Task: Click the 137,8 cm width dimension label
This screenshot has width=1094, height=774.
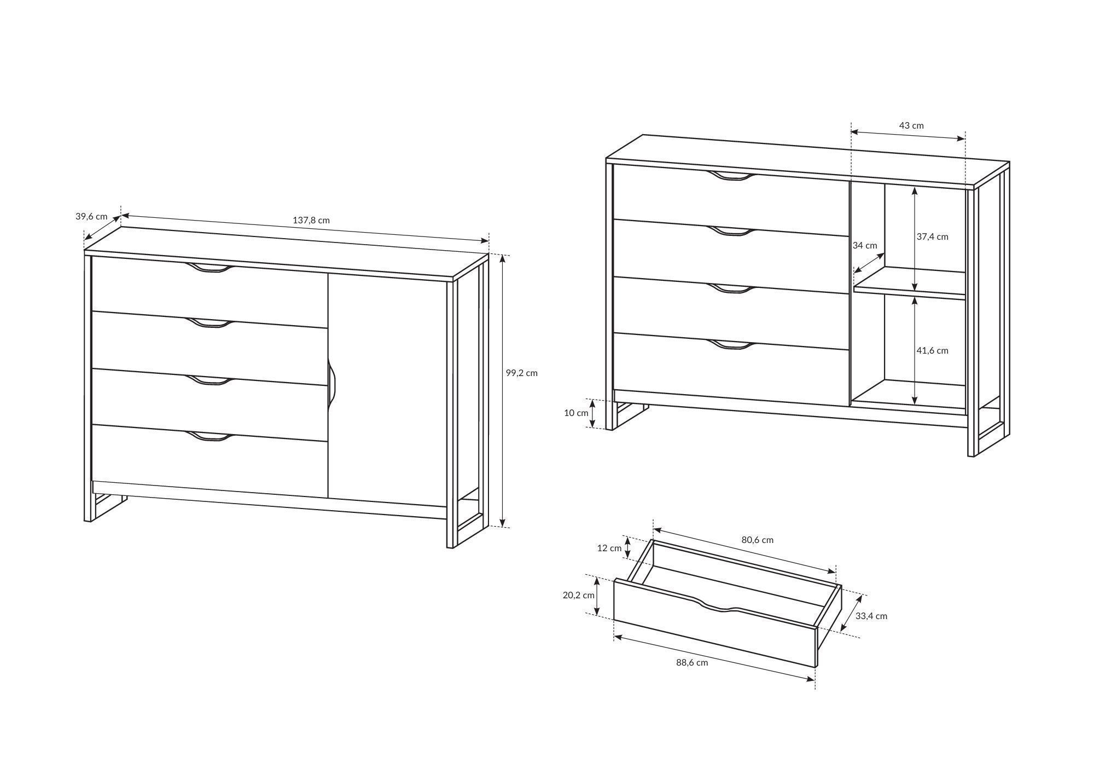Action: click(x=311, y=221)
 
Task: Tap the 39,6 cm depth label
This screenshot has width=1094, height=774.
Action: click(x=91, y=216)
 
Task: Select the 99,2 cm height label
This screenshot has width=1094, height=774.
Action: click(x=522, y=373)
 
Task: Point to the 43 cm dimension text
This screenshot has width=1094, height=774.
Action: click(x=911, y=125)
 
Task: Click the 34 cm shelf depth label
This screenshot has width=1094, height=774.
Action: click(x=865, y=246)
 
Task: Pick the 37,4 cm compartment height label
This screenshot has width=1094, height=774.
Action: click(x=933, y=236)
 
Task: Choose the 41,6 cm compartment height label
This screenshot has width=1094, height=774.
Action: click(x=933, y=350)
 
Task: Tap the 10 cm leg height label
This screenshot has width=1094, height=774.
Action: click(x=576, y=413)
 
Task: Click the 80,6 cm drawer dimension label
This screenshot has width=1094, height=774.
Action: click(x=758, y=540)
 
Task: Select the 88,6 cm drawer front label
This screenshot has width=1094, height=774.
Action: click(x=692, y=662)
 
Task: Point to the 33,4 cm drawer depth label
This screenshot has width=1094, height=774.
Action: click(x=871, y=616)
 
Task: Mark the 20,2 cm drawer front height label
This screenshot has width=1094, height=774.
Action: click(x=578, y=596)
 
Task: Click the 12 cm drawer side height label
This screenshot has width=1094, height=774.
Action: click(x=609, y=548)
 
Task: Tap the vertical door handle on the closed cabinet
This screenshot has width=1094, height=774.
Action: click(x=331, y=383)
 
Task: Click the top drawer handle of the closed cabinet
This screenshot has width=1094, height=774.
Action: click(x=210, y=268)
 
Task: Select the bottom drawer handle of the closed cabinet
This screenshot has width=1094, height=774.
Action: click(x=210, y=436)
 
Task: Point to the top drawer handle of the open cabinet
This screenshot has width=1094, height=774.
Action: click(x=731, y=176)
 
